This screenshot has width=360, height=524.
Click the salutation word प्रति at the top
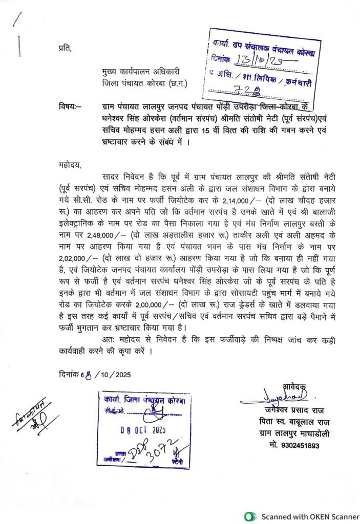point(66,49)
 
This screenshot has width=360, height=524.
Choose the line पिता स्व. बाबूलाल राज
point(294,422)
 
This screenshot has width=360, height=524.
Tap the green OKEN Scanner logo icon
point(249,516)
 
